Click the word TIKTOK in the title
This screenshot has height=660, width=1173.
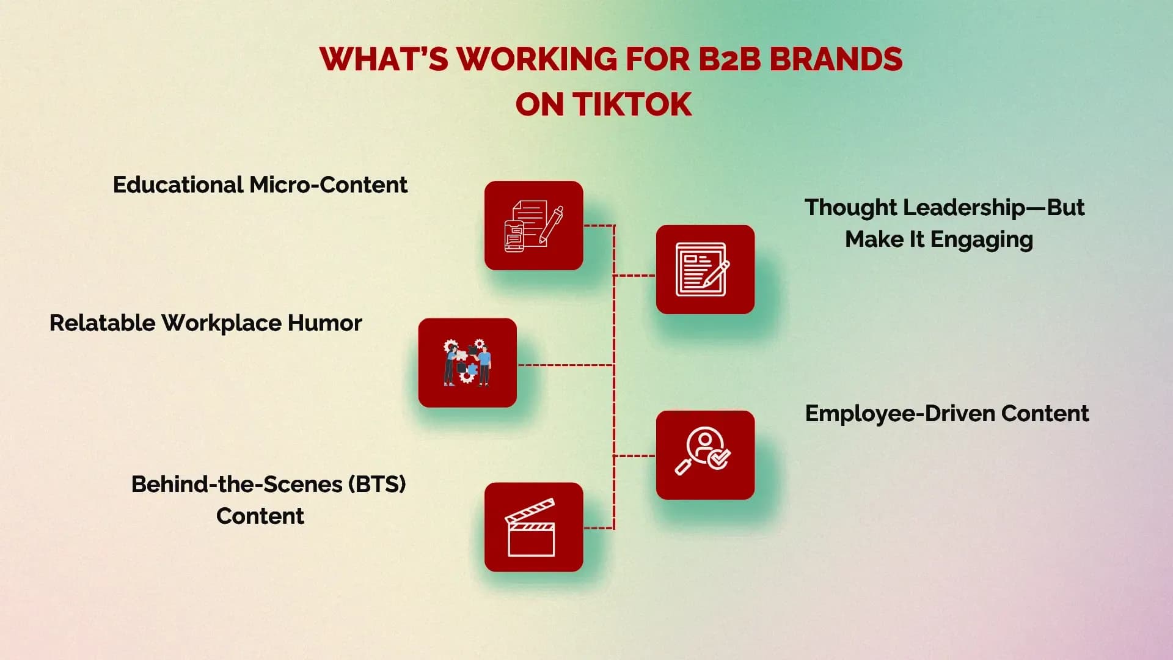[632, 105]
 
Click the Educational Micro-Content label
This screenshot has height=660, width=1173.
[260, 185]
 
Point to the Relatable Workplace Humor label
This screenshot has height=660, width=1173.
[206, 323]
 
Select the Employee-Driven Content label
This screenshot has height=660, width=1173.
[947, 414]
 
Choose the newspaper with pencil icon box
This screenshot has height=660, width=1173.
[705, 269]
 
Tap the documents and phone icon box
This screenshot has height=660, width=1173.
[533, 226]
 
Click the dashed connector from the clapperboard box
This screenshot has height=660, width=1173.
[599, 528]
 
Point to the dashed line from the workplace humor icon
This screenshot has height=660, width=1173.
[565, 365]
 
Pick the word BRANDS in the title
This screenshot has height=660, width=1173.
[835, 59]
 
